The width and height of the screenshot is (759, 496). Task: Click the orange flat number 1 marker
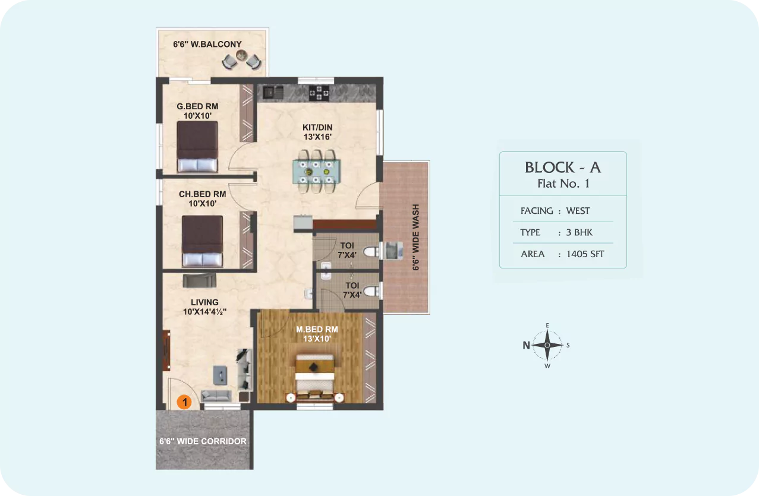point(184,402)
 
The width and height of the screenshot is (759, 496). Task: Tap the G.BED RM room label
point(197,106)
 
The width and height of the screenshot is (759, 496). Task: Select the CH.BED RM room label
point(202,194)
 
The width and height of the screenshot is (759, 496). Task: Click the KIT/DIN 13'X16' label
point(317,132)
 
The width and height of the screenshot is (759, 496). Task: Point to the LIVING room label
point(204,302)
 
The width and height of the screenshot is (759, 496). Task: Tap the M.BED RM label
point(317,329)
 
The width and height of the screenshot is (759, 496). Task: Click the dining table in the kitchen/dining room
point(316,171)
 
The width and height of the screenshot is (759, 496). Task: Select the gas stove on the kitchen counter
point(319,93)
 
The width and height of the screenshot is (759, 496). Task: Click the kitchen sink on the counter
point(273,93)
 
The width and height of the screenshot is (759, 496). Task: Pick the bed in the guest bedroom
point(197,147)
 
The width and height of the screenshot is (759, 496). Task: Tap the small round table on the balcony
point(241,55)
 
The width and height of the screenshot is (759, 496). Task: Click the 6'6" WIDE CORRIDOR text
point(203,441)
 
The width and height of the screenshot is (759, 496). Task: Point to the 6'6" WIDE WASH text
point(415,237)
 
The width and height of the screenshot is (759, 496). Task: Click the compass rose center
point(547,345)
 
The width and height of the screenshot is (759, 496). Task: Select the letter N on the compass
point(526,345)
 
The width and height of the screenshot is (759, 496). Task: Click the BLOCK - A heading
point(563,168)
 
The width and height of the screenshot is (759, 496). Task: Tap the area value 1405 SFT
point(585,254)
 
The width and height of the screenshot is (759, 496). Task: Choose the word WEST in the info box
point(578,211)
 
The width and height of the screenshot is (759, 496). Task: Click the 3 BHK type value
point(579,232)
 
